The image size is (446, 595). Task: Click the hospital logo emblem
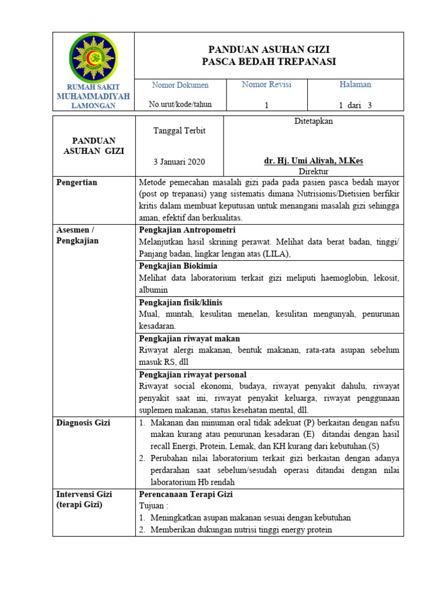pos(93,58)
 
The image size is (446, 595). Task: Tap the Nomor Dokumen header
pos(180,85)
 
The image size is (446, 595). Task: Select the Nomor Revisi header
pos(267,85)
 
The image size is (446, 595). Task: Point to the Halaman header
pos(355,85)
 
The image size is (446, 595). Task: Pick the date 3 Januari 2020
pos(179,162)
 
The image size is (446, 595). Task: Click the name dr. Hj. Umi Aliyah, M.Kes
pos(314,161)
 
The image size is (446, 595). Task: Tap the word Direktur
pos(314,171)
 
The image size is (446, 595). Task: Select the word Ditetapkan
pos(314,121)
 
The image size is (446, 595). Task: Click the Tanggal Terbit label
pos(179,131)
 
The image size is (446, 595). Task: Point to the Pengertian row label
pos(77,182)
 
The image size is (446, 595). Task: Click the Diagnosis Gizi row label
pos(83,423)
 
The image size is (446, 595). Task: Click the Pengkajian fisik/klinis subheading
pos(181,303)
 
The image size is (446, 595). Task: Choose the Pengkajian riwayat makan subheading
pos(189,339)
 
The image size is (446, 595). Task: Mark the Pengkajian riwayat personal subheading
pos(193,375)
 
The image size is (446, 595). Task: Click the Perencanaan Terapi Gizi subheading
pos(186,494)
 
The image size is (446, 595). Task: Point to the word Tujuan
pos(153,506)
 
